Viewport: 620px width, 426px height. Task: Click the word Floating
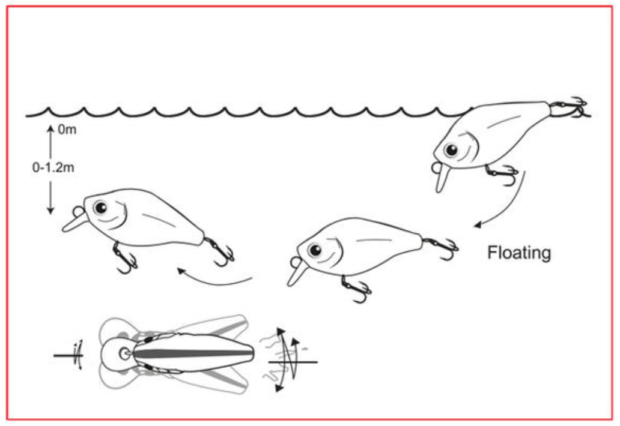519,253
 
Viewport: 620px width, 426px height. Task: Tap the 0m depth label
67,129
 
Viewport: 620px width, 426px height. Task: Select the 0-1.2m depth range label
53,167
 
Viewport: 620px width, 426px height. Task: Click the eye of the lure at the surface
451,150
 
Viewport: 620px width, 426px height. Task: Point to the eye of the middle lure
315,250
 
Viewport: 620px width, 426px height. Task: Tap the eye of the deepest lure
100,207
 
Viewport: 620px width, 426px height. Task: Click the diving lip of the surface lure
442,178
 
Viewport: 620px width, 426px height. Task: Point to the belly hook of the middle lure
356,289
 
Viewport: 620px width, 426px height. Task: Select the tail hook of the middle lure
442,248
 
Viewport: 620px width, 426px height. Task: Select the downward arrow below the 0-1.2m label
50,198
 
